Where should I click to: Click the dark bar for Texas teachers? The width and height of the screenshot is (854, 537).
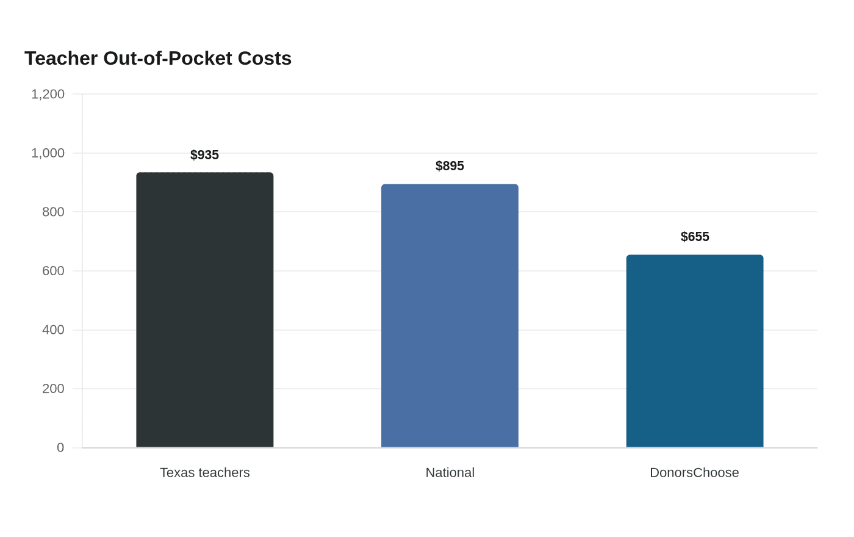[205, 310]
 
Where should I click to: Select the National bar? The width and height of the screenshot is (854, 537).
[450, 316]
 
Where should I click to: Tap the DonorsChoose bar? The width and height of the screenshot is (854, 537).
[695, 351]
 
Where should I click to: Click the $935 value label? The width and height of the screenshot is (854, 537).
[205, 155]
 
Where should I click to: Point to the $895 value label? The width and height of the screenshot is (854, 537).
[450, 166]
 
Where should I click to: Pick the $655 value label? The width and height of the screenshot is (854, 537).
[695, 237]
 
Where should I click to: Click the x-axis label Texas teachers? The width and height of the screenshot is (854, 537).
[205, 472]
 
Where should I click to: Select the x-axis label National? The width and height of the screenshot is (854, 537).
[450, 472]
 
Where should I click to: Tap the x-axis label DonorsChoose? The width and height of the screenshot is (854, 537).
[694, 472]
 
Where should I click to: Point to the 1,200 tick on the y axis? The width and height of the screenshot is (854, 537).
[48, 94]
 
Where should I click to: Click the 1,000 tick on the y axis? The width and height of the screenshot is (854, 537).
[48, 153]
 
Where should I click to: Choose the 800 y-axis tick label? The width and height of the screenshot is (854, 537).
[54, 212]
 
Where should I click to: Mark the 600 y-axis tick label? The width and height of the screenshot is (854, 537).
[54, 271]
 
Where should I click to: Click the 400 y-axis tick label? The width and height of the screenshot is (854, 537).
[54, 330]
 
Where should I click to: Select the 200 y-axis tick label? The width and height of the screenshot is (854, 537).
[54, 389]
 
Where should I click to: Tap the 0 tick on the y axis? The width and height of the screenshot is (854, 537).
[60, 448]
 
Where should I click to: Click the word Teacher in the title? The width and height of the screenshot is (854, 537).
[61, 59]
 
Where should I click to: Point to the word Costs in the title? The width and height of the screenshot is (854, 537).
[265, 59]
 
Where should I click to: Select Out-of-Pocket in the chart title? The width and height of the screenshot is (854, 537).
[168, 59]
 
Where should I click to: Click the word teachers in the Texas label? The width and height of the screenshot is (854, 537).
[225, 472]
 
